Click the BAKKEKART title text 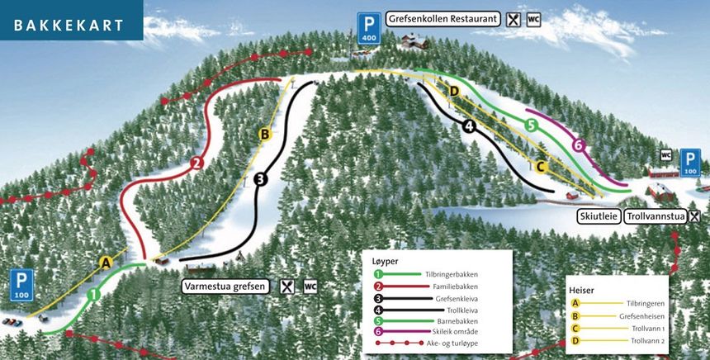(x=69, y=25)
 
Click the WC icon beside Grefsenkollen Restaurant (x=533, y=18)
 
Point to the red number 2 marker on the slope (x=196, y=163)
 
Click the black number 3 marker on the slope (x=261, y=178)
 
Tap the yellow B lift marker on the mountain (x=265, y=134)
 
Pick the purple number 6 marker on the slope (x=579, y=146)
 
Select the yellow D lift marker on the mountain (x=453, y=90)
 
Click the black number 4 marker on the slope (x=470, y=126)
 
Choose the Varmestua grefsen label (x=225, y=287)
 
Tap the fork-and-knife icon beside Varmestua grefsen (x=286, y=287)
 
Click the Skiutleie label (x=597, y=216)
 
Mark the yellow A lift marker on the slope (x=106, y=263)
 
